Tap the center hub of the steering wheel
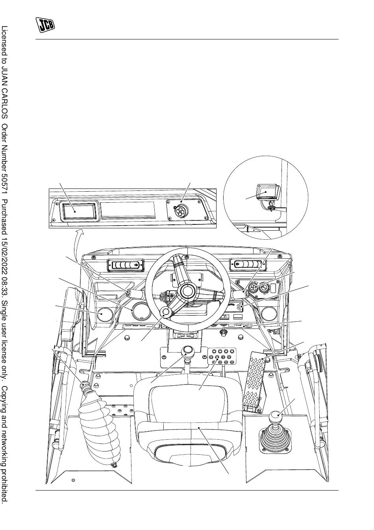coord(187,291)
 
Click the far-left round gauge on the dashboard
coord(105,315)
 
